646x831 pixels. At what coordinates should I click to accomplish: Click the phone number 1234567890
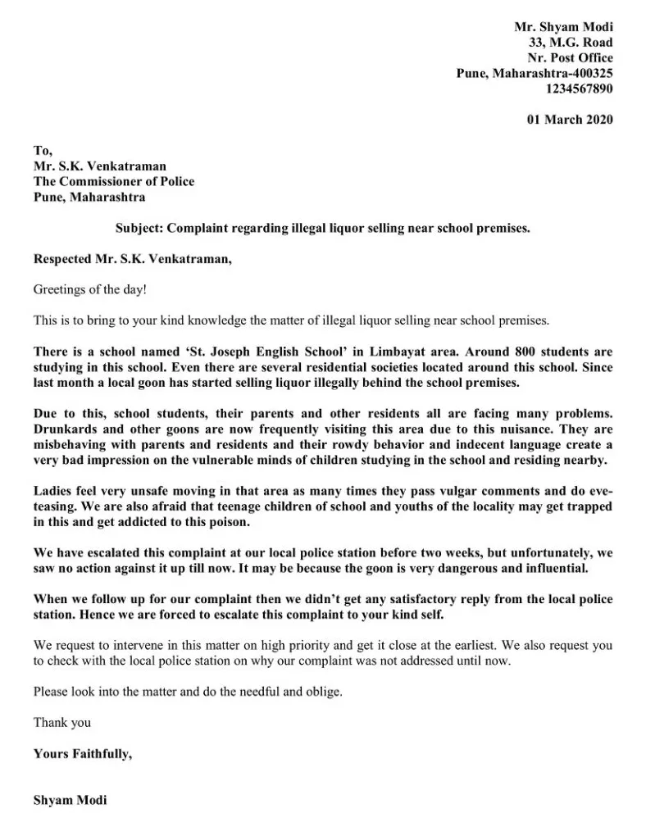coord(579,89)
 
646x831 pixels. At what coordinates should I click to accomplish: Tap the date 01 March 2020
coord(569,120)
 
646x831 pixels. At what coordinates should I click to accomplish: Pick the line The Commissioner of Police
coord(114,181)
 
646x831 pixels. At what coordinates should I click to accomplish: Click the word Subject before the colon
coord(141,229)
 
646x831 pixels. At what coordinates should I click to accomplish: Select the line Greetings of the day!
coord(89,289)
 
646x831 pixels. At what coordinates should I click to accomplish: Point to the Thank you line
coord(62,722)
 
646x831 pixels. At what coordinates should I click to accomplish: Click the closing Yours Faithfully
coord(82,753)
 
